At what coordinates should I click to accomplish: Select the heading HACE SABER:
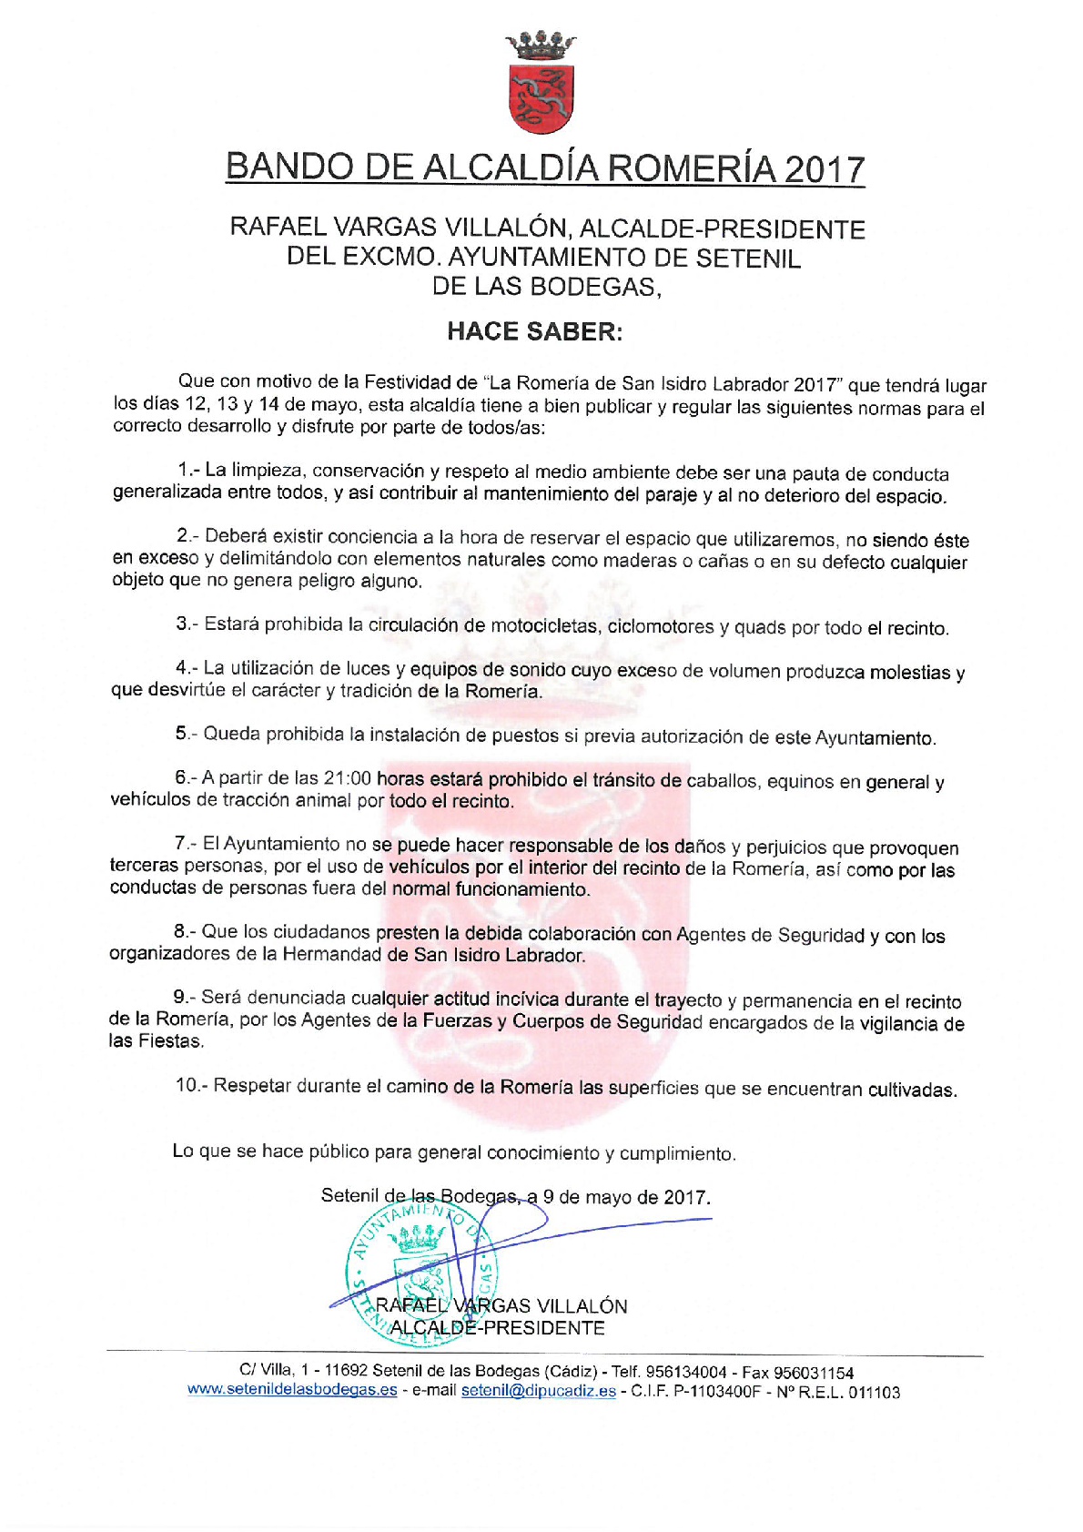point(534,331)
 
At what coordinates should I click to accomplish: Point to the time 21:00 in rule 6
point(347,779)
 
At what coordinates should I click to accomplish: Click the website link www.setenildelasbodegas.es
point(292,1390)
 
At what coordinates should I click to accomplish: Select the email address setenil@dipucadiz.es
point(538,1391)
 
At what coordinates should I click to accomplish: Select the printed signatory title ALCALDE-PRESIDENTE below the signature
point(498,1328)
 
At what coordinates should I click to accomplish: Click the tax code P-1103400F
point(716,1392)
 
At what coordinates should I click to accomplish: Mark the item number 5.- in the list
point(185,734)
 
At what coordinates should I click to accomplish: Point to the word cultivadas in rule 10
point(912,1090)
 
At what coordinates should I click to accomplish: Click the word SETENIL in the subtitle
point(748,259)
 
